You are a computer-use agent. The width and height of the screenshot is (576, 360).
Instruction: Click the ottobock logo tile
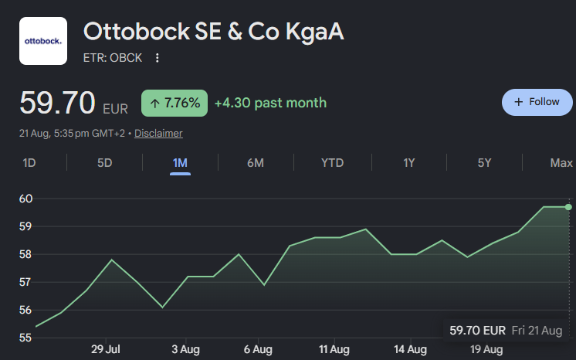click(x=43, y=41)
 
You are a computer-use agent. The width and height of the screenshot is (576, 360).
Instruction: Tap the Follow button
click(x=537, y=102)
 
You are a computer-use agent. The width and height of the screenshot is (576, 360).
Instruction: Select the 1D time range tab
click(x=29, y=162)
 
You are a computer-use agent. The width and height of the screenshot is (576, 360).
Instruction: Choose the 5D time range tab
click(x=105, y=162)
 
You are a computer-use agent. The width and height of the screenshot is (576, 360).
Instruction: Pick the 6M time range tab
click(x=256, y=162)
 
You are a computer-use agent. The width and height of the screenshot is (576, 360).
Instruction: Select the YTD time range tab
click(x=333, y=162)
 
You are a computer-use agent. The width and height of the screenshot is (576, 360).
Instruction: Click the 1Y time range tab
click(x=409, y=162)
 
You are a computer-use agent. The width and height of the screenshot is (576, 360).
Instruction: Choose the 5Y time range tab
click(x=484, y=162)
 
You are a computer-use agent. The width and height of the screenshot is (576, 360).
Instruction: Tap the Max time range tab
click(x=561, y=162)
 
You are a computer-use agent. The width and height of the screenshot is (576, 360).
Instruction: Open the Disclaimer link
click(x=158, y=133)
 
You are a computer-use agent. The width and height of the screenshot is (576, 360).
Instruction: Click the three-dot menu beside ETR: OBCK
click(x=158, y=58)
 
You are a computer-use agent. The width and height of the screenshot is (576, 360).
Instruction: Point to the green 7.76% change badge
click(x=174, y=103)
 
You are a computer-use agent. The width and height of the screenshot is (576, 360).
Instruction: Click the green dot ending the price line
click(x=568, y=207)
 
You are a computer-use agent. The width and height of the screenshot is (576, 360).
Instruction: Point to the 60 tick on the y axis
click(x=25, y=199)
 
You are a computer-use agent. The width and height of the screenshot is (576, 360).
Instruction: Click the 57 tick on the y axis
click(x=25, y=282)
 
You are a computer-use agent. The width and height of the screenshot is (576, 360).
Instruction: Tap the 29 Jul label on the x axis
click(x=106, y=349)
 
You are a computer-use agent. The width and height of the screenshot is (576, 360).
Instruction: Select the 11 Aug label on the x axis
click(x=334, y=349)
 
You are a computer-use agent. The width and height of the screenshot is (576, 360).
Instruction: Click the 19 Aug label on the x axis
click(x=486, y=349)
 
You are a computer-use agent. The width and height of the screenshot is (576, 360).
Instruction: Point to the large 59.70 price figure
click(x=57, y=103)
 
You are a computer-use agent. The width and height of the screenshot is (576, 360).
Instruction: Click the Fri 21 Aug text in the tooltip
click(x=537, y=331)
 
